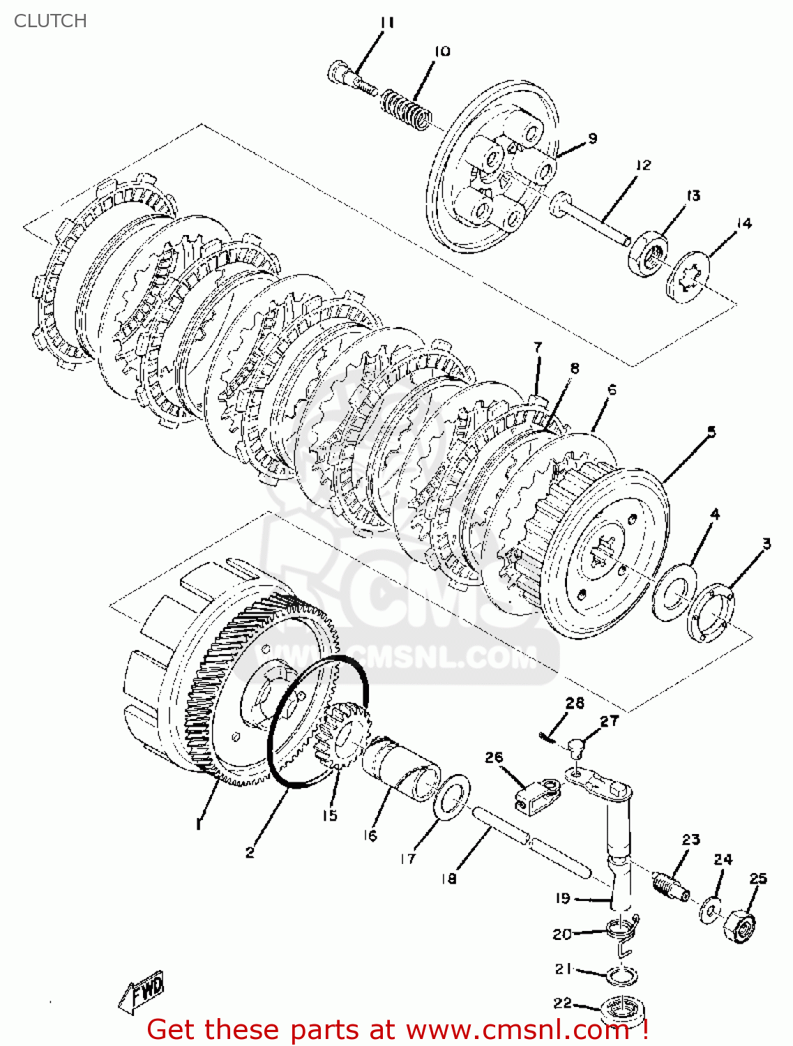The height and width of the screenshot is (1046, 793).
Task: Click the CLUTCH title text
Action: tap(50, 21)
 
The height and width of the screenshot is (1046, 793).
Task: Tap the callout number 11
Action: tap(387, 23)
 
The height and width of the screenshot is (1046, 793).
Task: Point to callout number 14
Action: tap(743, 223)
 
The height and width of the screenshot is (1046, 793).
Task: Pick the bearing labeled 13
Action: tap(648, 255)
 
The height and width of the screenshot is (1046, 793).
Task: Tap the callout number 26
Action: tap(494, 757)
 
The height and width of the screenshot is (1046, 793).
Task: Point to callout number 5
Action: tap(711, 432)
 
